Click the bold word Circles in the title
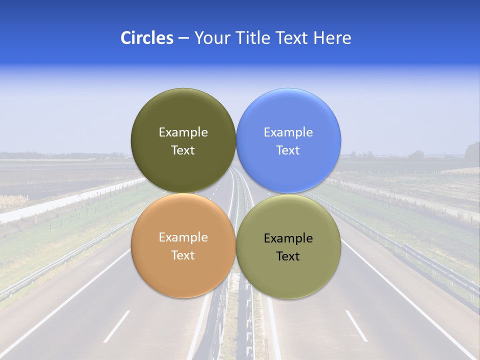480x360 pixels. point(146,38)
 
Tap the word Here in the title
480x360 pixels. point(332,38)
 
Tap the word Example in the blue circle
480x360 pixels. point(288,132)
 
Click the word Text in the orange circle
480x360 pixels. point(183,255)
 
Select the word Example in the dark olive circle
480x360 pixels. point(183,132)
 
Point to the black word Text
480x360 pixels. point(288,256)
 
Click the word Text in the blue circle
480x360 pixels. point(288,150)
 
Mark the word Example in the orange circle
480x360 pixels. point(183,237)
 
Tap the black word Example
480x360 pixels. point(288,238)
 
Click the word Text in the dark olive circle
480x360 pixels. point(183,150)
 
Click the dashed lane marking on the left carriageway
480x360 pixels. point(116,326)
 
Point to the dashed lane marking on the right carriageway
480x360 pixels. point(356,325)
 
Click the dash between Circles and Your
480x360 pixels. point(183,38)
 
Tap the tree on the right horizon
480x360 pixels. point(472,150)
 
